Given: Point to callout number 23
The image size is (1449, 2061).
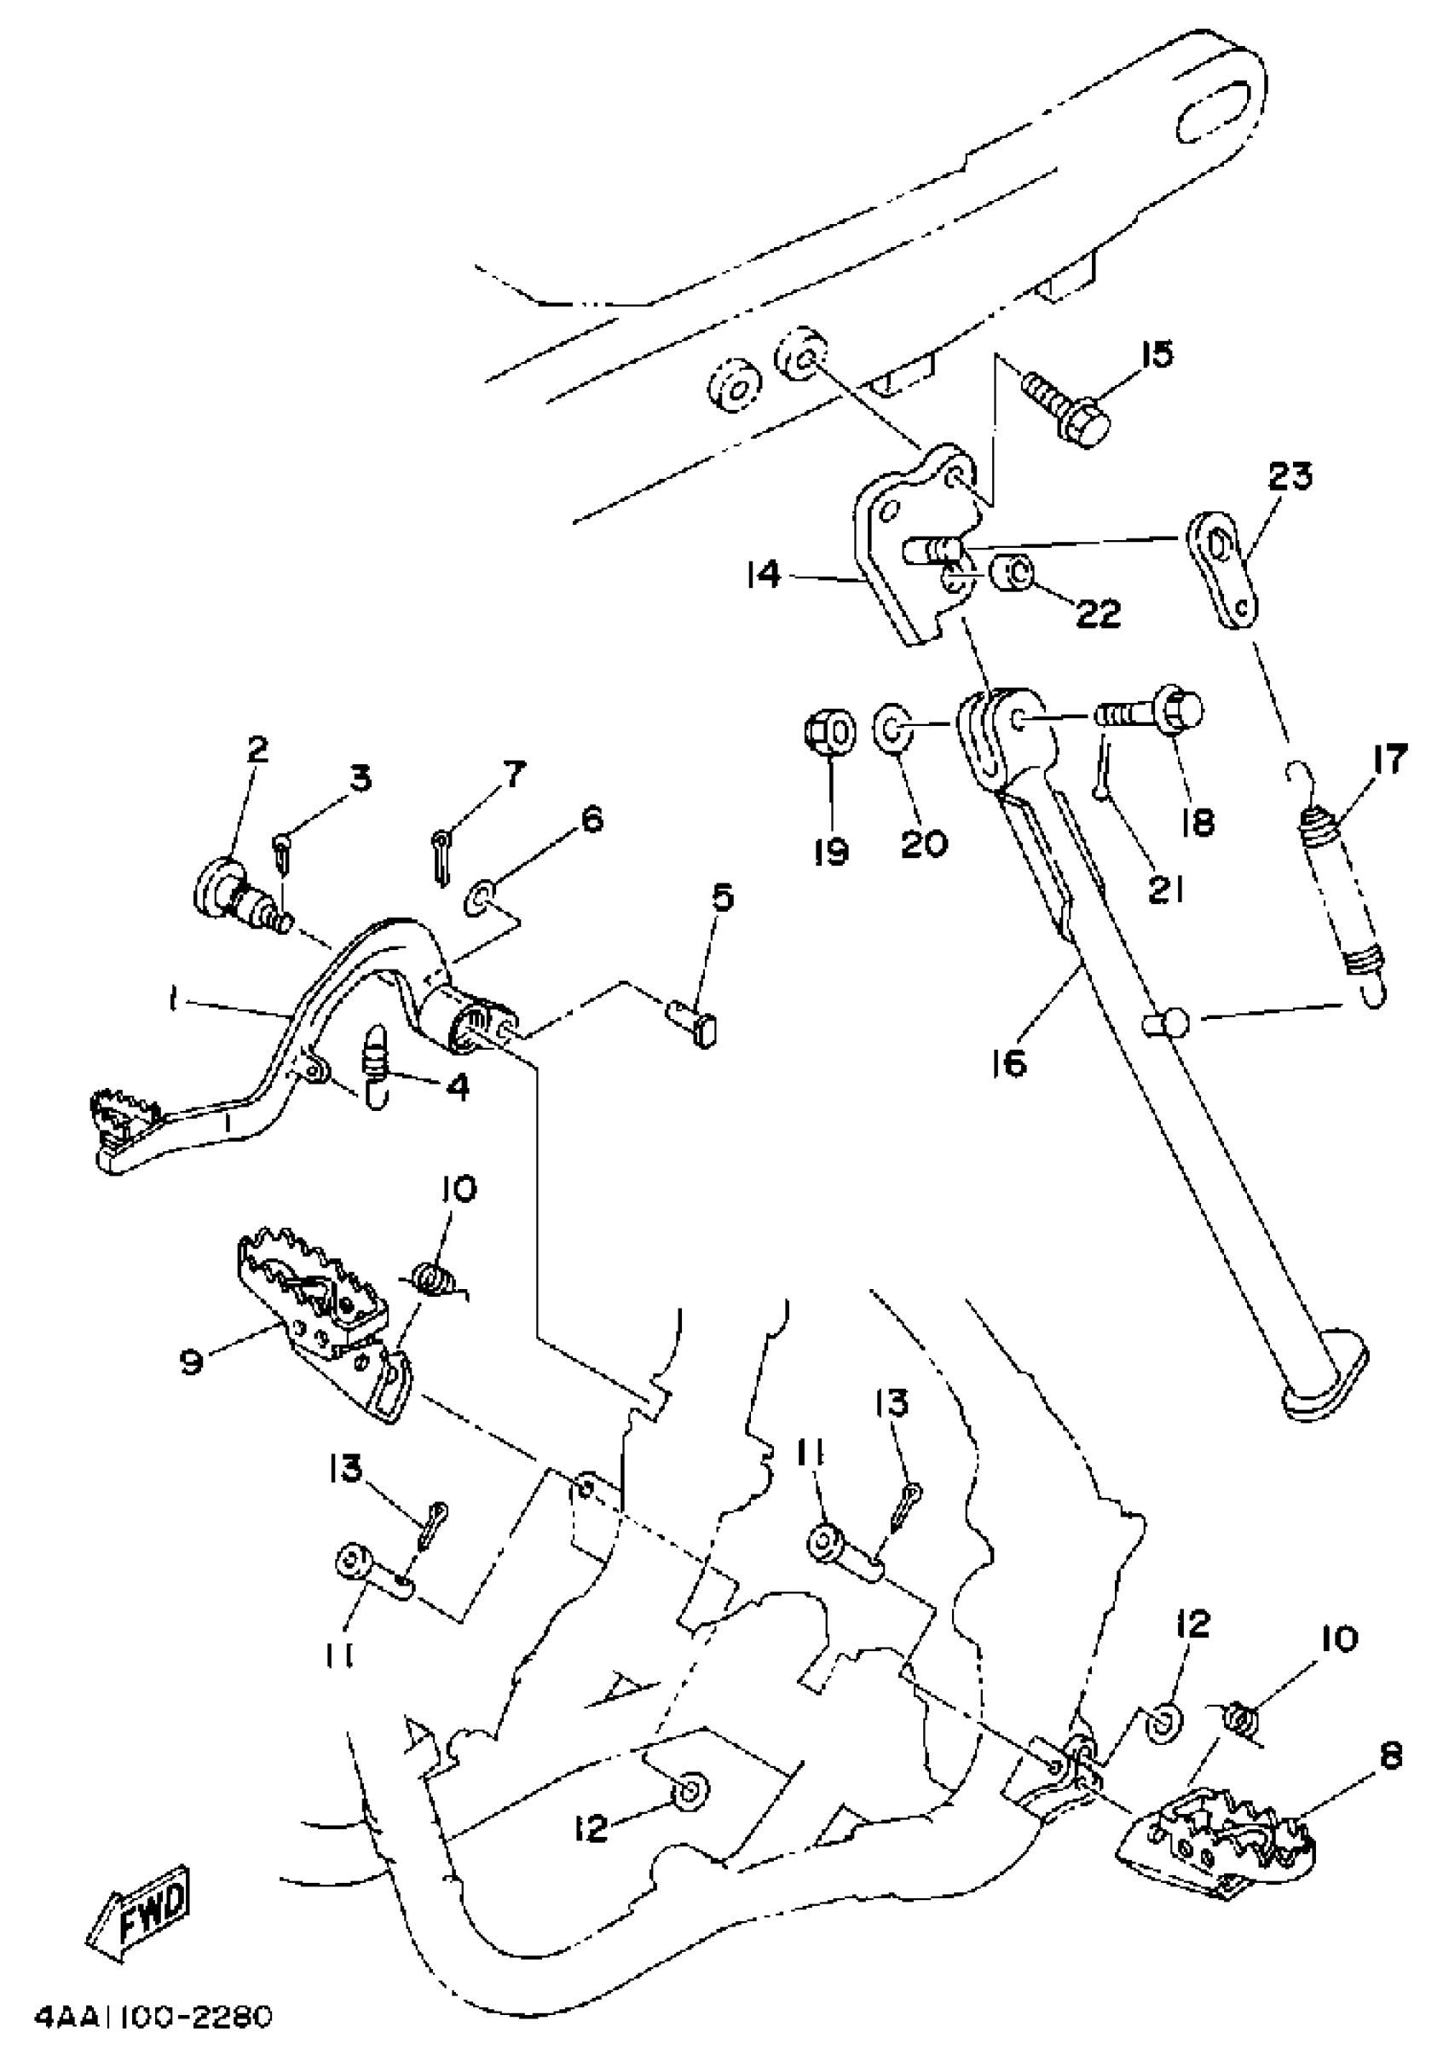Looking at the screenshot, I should click(1290, 475).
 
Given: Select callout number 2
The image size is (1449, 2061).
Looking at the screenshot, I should click(257, 750).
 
